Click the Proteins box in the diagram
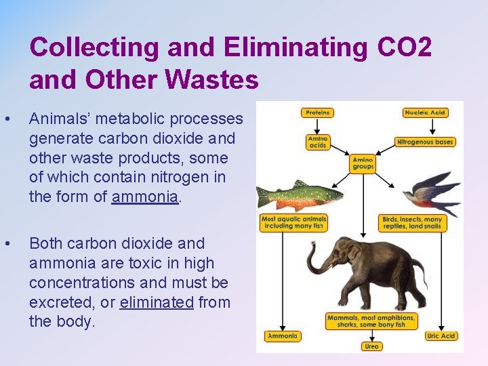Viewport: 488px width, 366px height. pyautogui.click(x=317, y=113)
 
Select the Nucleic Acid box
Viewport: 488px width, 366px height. pyautogui.click(x=424, y=113)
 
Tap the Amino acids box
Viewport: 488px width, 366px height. pyautogui.click(x=317, y=142)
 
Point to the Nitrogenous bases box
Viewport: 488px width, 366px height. pyautogui.click(x=425, y=142)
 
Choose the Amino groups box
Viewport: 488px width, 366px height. pyautogui.click(x=363, y=163)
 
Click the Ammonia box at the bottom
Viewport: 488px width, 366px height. pyautogui.click(x=282, y=336)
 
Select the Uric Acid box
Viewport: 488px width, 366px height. pyautogui.click(x=441, y=336)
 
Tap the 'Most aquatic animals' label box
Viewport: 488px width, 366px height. pyautogui.click(x=294, y=222)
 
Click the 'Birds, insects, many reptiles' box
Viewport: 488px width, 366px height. pyautogui.click(x=412, y=222)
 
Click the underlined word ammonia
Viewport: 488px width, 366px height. pyautogui.click(x=146, y=197)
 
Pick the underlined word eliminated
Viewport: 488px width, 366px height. pyautogui.click(x=157, y=302)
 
